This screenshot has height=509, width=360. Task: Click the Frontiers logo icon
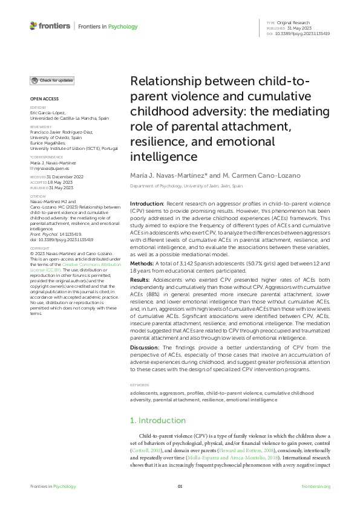33,26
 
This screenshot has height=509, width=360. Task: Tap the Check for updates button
53,80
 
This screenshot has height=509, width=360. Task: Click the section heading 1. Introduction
158,403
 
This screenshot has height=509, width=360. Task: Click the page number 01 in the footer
180,487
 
